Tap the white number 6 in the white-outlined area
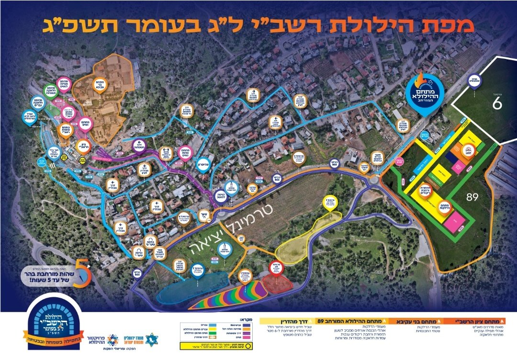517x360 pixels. click(x=497, y=102)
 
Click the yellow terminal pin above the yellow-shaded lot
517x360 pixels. click(x=330, y=203)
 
